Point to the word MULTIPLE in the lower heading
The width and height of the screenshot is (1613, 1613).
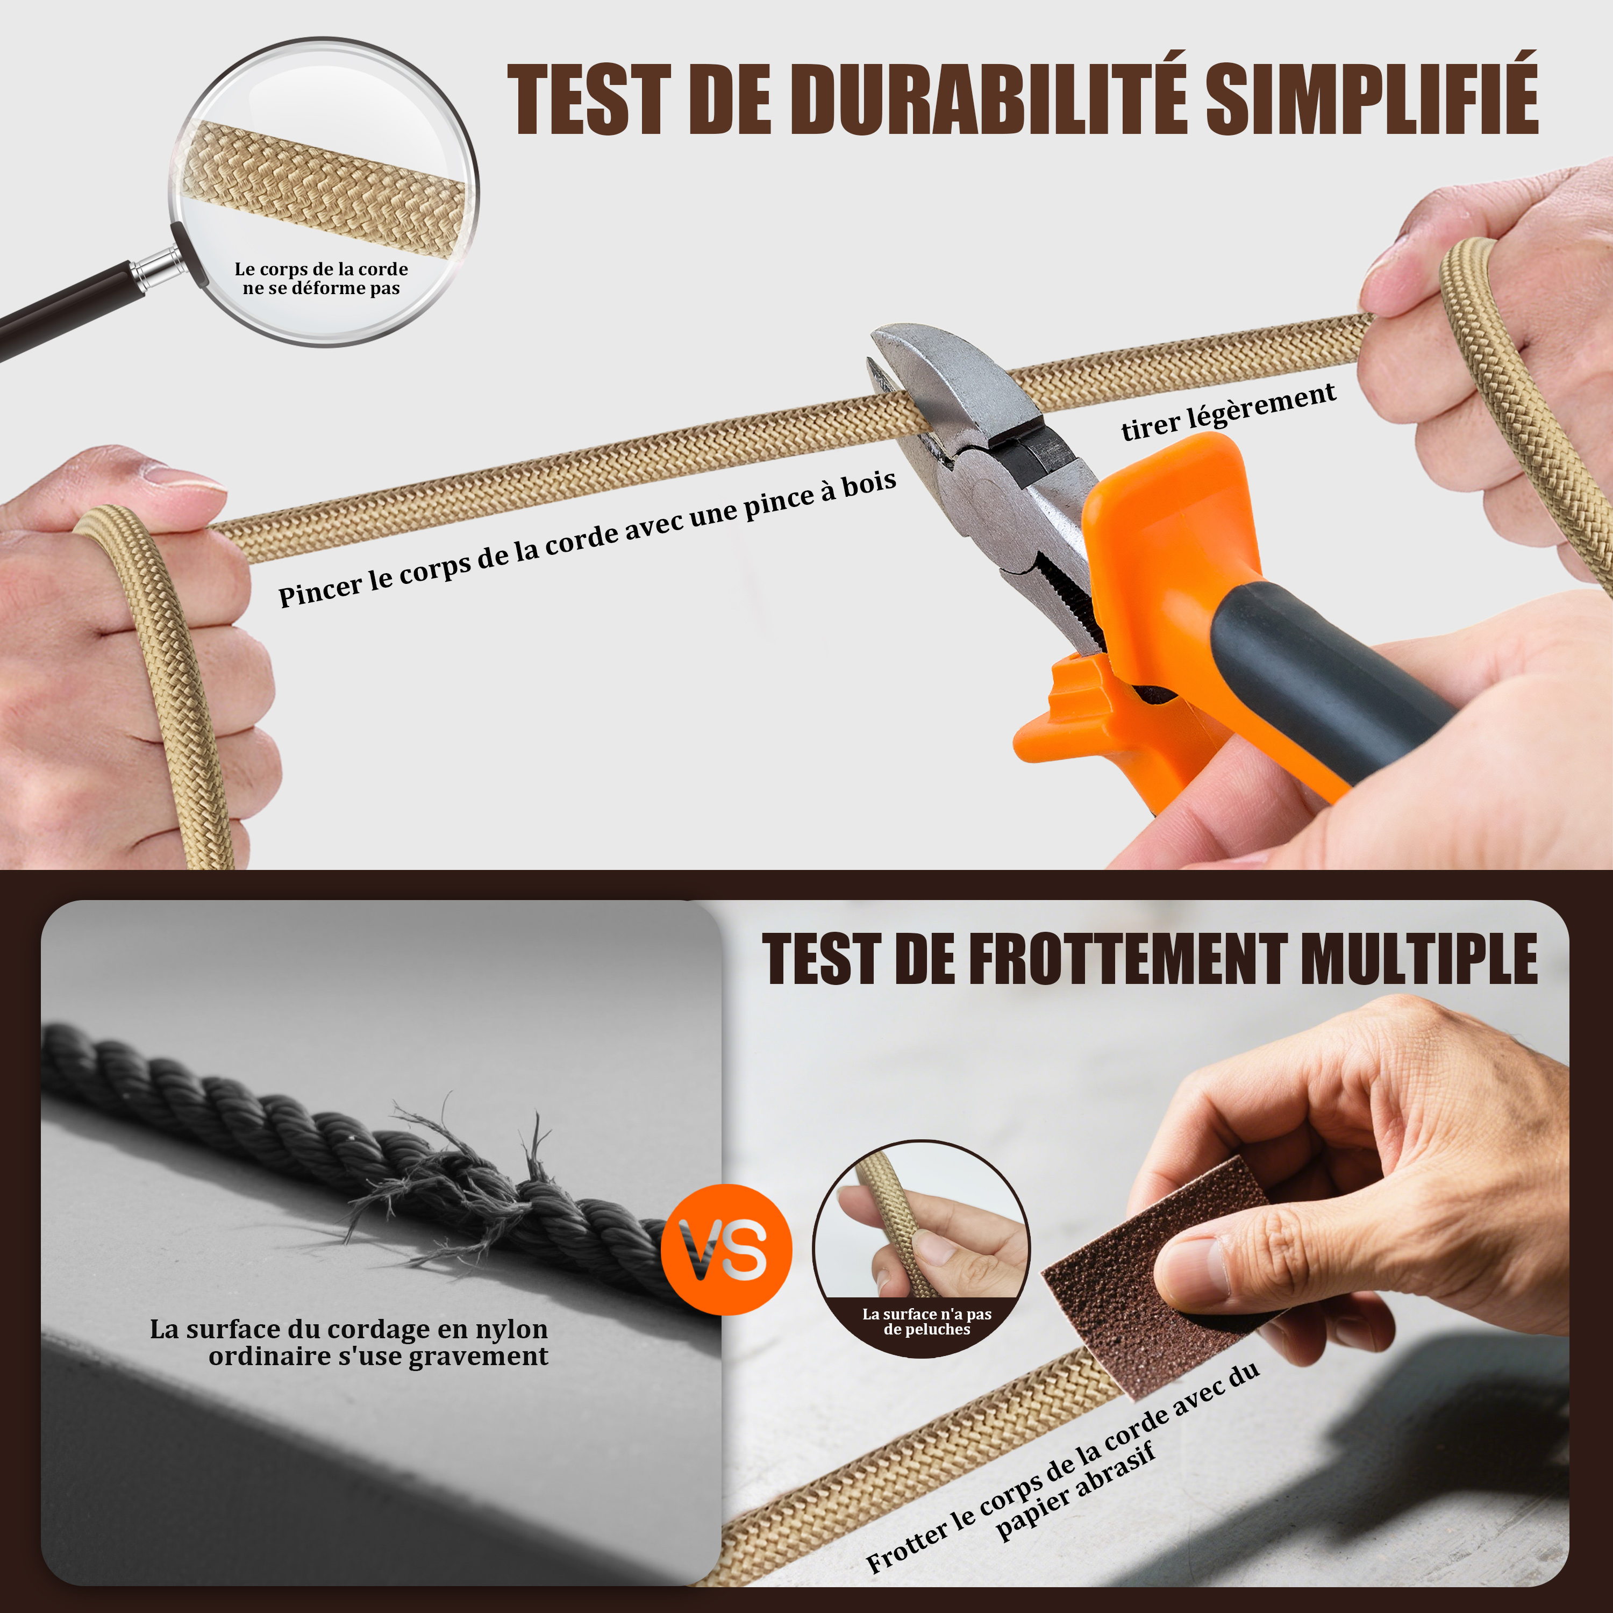pos(1419,959)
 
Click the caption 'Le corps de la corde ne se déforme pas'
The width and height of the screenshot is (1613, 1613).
pos(322,278)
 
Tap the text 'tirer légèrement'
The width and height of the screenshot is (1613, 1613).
pos(1228,412)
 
